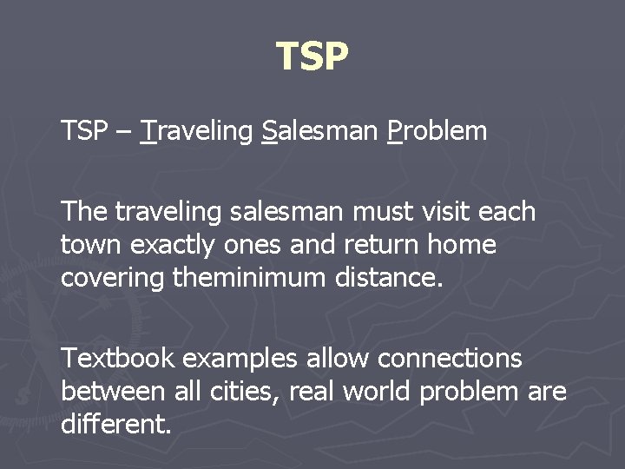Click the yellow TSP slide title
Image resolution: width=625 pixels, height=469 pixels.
click(312, 56)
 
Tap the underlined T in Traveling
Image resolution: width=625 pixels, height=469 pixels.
click(148, 132)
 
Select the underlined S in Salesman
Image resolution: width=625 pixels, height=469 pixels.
click(268, 132)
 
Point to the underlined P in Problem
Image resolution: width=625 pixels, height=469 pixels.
click(395, 132)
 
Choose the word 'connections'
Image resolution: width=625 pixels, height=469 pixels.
click(450, 358)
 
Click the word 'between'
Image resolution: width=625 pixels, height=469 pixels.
click(113, 391)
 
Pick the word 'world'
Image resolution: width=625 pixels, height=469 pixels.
click(377, 391)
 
